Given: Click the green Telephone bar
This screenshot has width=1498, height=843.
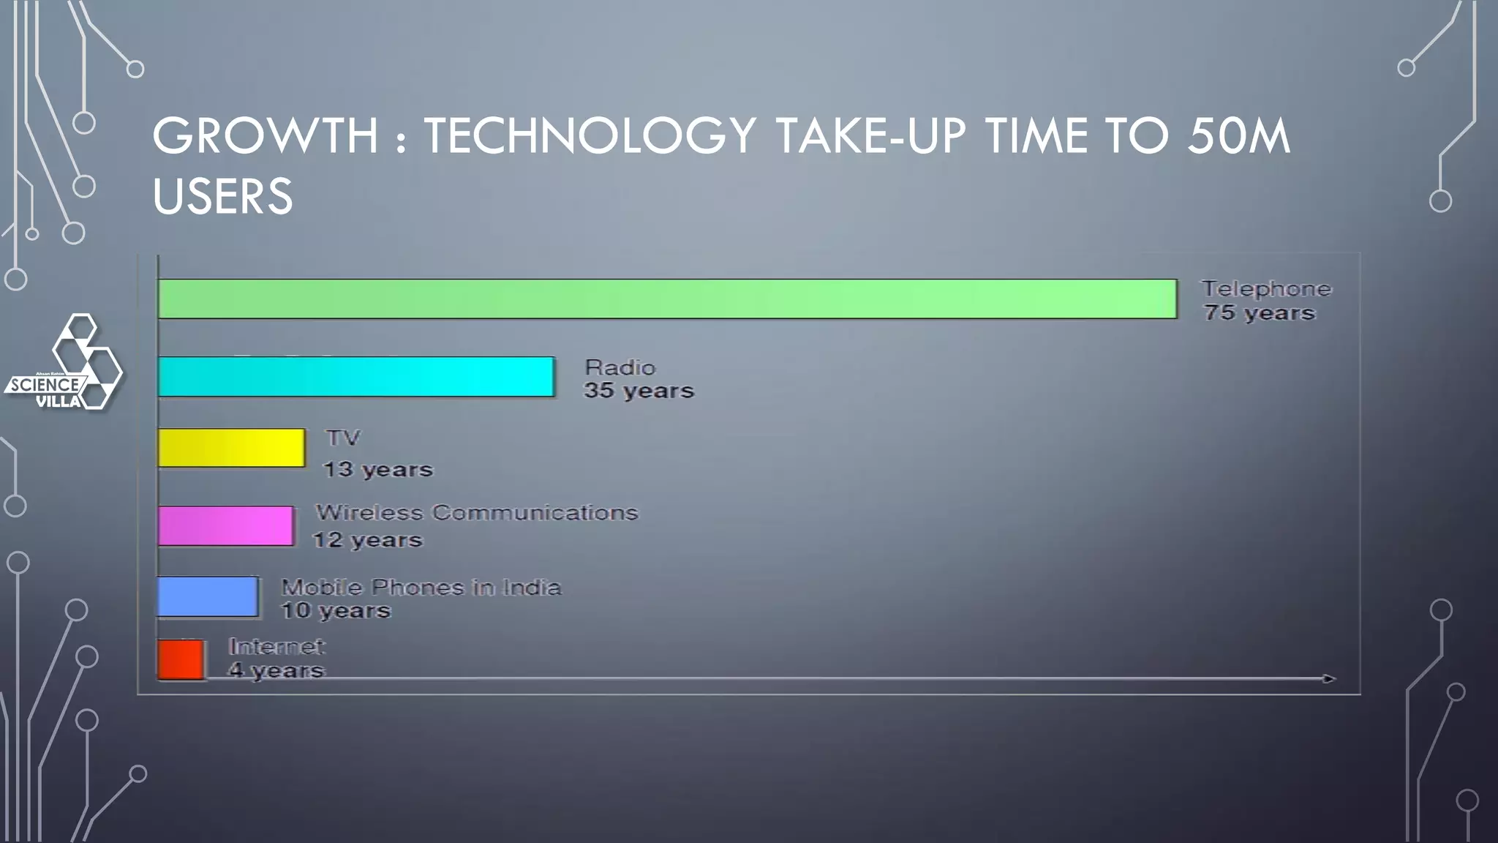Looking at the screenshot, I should (x=667, y=299).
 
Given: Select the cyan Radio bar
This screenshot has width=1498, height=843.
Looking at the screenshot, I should (x=356, y=377).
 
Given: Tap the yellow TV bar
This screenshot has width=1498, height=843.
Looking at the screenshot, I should (x=231, y=448).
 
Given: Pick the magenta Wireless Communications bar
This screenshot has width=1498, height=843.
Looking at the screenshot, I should (x=226, y=525).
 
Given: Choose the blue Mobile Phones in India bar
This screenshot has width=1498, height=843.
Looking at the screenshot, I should (x=208, y=596).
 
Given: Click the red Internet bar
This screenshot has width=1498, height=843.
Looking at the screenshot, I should (x=181, y=659).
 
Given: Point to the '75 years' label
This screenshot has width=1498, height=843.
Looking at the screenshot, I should (x=1260, y=313).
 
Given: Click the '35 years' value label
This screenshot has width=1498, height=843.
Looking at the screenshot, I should (x=639, y=391).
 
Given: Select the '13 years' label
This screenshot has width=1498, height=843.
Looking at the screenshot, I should (x=378, y=469).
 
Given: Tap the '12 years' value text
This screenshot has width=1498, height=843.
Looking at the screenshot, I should (x=368, y=540).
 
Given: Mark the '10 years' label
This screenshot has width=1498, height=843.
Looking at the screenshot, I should (x=336, y=610).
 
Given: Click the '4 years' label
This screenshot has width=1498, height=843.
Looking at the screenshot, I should (x=276, y=670).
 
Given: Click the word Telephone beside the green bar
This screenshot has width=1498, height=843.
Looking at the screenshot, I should (x=1267, y=289).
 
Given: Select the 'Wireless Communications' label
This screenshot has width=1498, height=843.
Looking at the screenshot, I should (x=477, y=512).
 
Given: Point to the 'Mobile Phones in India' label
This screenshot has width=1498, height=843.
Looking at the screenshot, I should (x=421, y=587).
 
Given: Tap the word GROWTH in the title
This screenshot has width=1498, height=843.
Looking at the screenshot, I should (x=266, y=136).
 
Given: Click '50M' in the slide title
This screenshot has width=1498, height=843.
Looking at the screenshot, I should (x=1238, y=136).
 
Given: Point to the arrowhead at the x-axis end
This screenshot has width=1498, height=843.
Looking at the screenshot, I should (x=1329, y=679).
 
